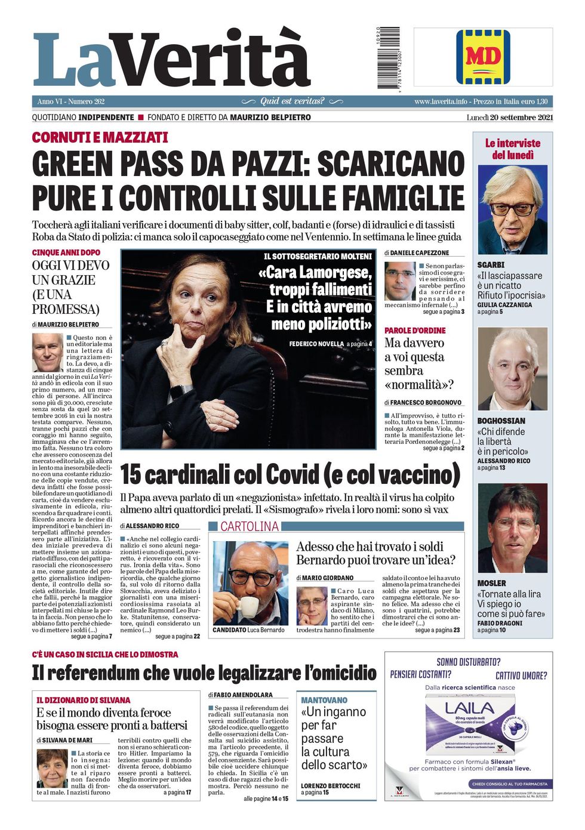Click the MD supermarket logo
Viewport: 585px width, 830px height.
(x=482, y=57)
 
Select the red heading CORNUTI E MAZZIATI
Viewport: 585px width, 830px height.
(x=100, y=138)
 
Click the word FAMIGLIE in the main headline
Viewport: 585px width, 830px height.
(x=402, y=198)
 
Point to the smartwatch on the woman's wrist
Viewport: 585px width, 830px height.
(x=178, y=392)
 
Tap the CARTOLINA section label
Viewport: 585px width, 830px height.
(x=249, y=526)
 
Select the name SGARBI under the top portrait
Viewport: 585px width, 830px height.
(x=491, y=264)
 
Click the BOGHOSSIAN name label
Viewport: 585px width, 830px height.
(x=501, y=421)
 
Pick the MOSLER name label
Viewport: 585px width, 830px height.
(x=491, y=583)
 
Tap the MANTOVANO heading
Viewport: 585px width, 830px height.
(x=324, y=700)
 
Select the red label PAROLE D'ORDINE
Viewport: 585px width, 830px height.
(x=415, y=331)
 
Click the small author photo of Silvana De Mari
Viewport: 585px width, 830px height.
(x=52, y=768)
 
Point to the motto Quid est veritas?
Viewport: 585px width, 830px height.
(x=292, y=101)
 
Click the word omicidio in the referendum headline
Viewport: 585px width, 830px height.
(x=341, y=673)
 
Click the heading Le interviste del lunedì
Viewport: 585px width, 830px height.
(x=512, y=149)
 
